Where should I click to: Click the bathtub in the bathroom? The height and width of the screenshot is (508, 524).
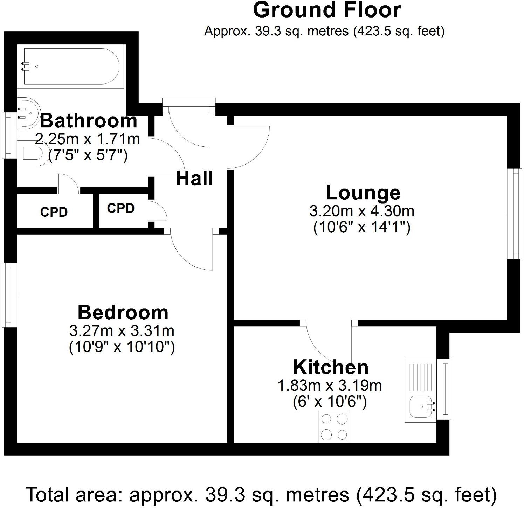click(x=71, y=66)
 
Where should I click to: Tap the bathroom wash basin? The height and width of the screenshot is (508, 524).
click(x=28, y=113)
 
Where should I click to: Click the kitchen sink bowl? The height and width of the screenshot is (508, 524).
click(x=421, y=407)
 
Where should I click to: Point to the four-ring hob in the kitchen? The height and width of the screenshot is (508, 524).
click(x=334, y=426)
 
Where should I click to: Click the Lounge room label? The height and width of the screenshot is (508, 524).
click(x=363, y=193)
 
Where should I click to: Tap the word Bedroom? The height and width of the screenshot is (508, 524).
click(x=123, y=312)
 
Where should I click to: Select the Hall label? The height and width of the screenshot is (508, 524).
click(x=194, y=178)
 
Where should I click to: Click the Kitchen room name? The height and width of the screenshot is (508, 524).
click(x=331, y=367)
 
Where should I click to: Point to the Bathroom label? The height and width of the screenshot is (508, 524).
click(x=88, y=121)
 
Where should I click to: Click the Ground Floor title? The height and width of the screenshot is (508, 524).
click(x=326, y=10)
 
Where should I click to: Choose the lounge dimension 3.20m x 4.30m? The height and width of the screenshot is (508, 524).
click(x=362, y=211)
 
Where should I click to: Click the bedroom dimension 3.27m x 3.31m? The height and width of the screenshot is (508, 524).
click(x=122, y=330)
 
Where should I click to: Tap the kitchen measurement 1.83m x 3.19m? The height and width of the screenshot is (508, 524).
click(x=330, y=386)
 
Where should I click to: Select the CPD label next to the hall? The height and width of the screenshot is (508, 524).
click(x=121, y=208)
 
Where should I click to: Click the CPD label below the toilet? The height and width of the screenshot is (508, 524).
click(x=54, y=212)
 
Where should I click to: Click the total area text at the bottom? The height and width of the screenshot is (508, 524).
click(x=261, y=495)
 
